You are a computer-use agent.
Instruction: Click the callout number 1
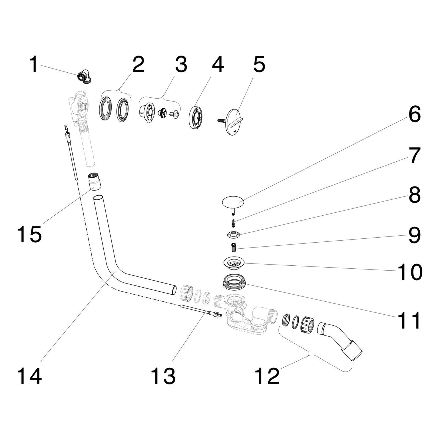pyautogui.click(x=34, y=65)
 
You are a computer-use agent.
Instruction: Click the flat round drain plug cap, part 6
pyautogui.click(x=233, y=202)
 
